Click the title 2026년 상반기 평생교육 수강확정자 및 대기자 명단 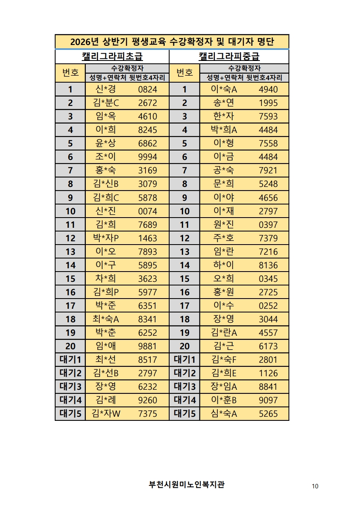(x=172, y=42)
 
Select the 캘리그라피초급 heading (x=112, y=56)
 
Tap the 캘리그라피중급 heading (x=229, y=56)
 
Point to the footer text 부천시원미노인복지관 (x=187, y=485)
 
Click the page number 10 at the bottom (x=315, y=486)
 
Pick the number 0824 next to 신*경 (x=148, y=90)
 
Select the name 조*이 (x=105, y=157)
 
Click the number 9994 (x=148, y=157)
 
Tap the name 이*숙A (x=224, y=90)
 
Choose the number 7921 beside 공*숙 (x=268, y=171)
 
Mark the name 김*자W (x=106, y=413)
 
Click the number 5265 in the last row (x=268, y=413)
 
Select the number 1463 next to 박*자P (x=148, y=238)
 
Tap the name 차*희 (x=105, y=279)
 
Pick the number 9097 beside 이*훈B (x=268, y=400)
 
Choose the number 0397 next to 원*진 (x=268, y=225)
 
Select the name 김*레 (x=105, y=400)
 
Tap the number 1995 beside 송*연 (x=268, y=103)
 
